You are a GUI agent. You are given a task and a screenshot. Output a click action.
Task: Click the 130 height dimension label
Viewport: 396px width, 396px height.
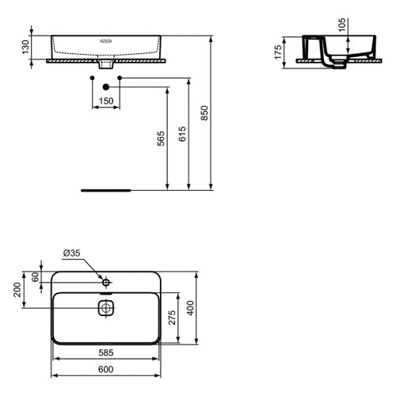pyautogui.click(x=25, y=47)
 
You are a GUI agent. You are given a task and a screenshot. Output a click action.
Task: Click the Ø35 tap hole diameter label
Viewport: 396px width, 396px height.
pyautogui.click(x=71, y=253)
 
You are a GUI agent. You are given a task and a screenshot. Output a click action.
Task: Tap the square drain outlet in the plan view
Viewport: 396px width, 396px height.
pyautogui.click(x=106, y=307)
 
